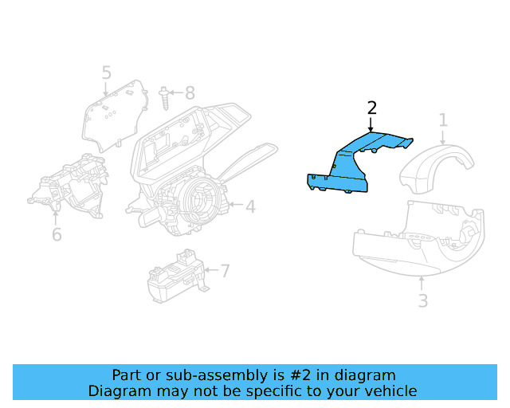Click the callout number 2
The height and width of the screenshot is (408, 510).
[371, 108]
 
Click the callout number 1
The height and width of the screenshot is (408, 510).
[443, 120]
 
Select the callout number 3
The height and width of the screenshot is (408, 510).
[423, 301]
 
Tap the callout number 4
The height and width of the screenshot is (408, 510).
[250, 207]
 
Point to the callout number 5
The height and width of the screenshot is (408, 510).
[107, 73]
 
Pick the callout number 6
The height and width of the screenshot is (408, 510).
[57, 234]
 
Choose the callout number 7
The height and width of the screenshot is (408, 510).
[225, 271]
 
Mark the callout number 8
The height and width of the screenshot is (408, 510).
[190, 92]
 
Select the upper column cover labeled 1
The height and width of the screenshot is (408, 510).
[437, 167]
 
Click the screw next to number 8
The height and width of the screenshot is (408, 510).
[165, 99]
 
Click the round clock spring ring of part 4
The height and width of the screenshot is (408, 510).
[196, 199]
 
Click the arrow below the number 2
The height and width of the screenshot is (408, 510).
[371, 124]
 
